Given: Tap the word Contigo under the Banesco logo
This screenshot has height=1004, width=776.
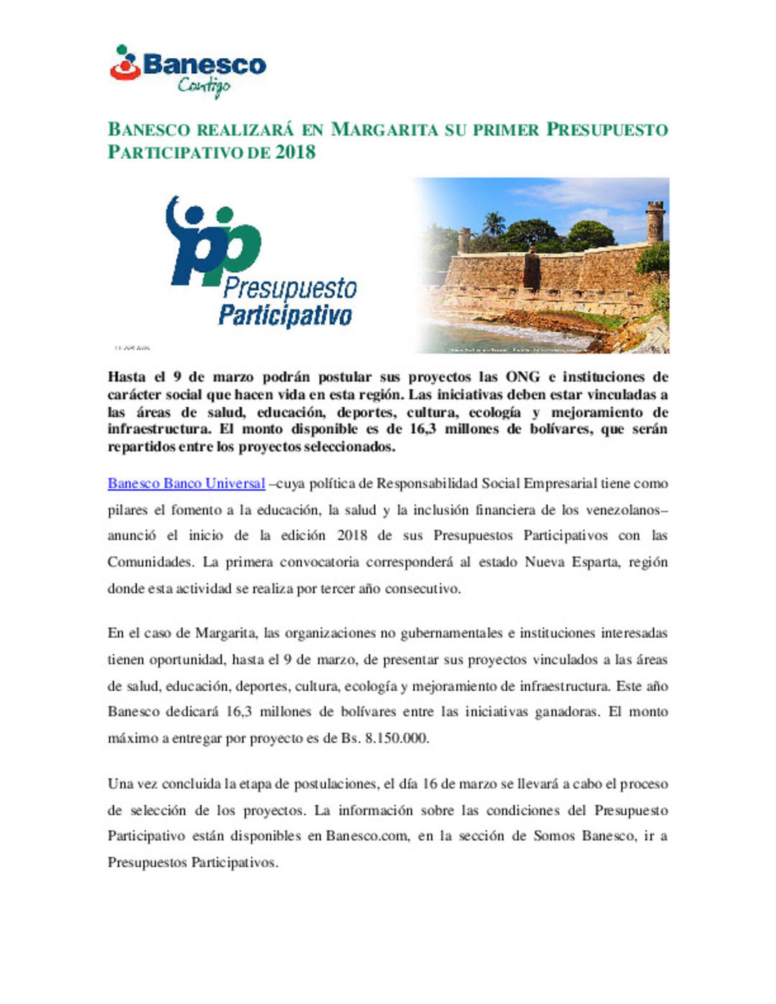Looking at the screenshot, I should pos(204,86).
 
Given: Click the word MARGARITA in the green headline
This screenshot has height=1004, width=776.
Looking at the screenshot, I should pos(384,130).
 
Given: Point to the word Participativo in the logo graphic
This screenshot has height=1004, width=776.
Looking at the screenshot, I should pos(285,315).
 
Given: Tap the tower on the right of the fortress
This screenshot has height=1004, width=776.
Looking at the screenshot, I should pos(655,221).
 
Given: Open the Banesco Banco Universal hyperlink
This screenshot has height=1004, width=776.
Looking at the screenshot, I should pos(186,483).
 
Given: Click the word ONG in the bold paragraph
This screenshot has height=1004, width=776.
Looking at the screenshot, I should pos(522,377).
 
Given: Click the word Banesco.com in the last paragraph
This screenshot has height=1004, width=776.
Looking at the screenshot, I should pos(366,836).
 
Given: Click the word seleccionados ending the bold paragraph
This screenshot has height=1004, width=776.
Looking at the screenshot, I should pos(344,447).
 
